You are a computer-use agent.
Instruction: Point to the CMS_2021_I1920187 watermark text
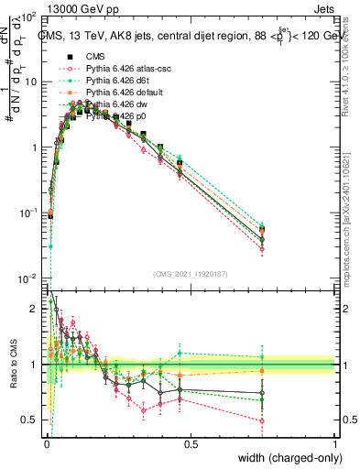coord(190,274)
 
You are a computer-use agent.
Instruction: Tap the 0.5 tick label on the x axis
coord(191,443)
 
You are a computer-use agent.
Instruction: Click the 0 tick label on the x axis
coord(47,443)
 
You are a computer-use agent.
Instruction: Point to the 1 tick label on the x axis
coord(335,443)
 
